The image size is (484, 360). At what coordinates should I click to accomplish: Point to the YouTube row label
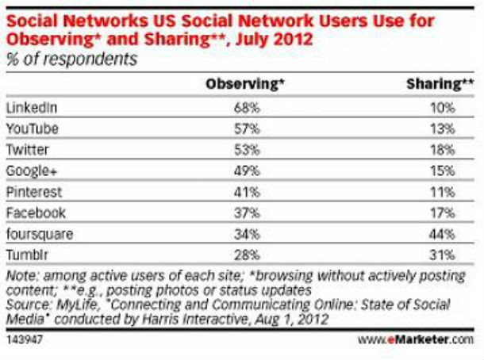(29, 128)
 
